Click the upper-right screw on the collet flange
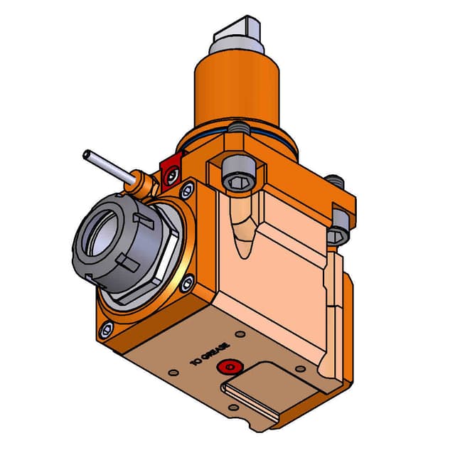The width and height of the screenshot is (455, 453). (188, 190)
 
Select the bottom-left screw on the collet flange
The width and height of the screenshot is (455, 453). (107, 329)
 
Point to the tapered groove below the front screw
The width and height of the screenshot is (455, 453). (242, 228)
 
